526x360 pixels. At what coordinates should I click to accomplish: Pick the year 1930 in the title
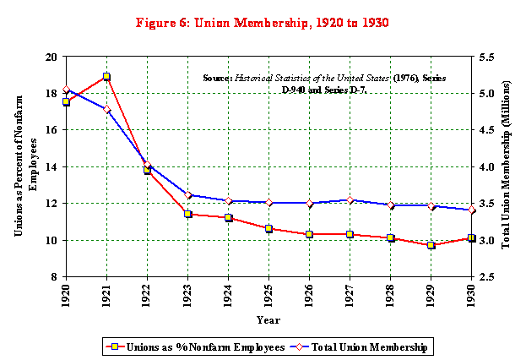point(374,23)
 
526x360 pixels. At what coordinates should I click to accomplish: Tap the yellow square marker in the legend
point(115,346)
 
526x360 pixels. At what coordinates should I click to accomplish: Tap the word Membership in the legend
point(400,347)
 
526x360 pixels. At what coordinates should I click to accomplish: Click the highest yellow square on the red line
point(106,76)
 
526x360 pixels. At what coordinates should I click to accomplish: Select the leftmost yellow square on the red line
point(66,101)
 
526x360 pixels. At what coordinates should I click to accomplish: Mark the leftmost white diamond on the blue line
point(66,89)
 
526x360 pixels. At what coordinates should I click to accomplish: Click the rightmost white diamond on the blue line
point(471,210)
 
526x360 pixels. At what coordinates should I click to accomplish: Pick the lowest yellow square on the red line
point(431,245)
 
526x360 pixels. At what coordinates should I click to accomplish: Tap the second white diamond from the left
point(106,108)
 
